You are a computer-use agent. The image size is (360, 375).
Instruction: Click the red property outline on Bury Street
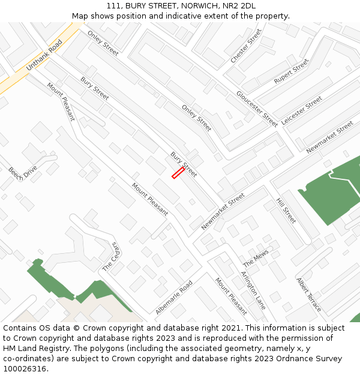point(178,173)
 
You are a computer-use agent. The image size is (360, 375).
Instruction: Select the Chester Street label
point(246,46)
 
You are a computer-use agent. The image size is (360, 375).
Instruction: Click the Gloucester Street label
point(257,109)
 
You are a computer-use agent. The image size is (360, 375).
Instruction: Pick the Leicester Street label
point(302,110)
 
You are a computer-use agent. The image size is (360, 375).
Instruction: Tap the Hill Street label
point(286,211)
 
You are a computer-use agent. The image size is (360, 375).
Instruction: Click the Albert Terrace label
point(309,294)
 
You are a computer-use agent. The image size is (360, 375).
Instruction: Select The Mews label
point(256,259)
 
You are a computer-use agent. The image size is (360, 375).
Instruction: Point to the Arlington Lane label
point(253,290)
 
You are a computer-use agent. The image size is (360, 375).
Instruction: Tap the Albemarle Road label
point(174,297)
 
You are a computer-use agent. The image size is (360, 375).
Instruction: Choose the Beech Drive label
point(23,172)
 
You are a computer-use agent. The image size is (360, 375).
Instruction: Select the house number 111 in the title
point(114,6)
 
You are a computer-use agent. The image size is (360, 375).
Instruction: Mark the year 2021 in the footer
point(231,328)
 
